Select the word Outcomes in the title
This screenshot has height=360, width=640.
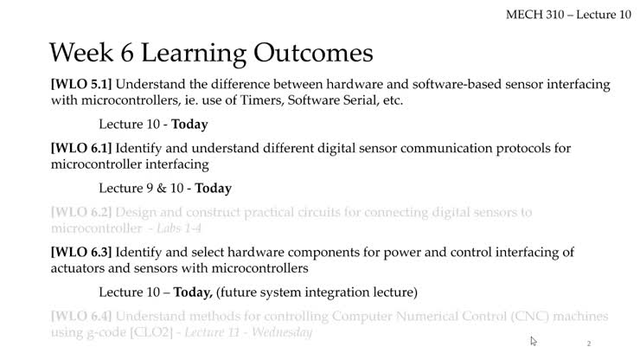(313, 53)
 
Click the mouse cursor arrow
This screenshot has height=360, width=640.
(534, 341)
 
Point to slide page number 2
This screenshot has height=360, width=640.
(589, 344)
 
